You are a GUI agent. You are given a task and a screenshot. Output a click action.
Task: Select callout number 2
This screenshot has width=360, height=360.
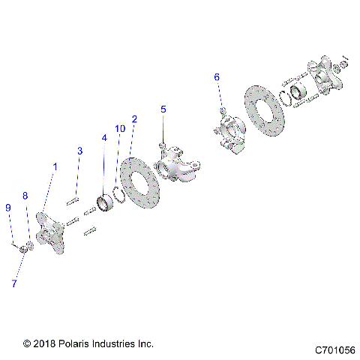point(134,118)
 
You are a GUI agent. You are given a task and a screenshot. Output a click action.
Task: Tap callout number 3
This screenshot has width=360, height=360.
point(79,151)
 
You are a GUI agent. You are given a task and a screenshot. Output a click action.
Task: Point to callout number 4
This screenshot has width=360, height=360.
point(104,138)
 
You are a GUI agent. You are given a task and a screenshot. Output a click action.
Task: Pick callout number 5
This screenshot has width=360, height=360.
point(163,109)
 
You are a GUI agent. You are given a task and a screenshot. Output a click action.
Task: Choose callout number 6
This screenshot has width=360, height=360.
point(217,77)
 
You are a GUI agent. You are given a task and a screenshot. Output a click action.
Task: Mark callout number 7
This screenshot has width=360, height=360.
point(13,283)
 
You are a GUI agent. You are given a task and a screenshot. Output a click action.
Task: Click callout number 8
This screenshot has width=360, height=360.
point(25,196)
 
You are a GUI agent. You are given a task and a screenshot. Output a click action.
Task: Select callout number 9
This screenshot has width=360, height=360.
point(7,207)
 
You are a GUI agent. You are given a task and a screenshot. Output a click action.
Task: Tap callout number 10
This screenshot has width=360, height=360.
point(120,129)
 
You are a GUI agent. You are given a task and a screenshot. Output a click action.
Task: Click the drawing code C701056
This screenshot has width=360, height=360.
point(335,349)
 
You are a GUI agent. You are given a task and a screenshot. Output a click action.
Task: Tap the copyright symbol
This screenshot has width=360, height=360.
point(28,343)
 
